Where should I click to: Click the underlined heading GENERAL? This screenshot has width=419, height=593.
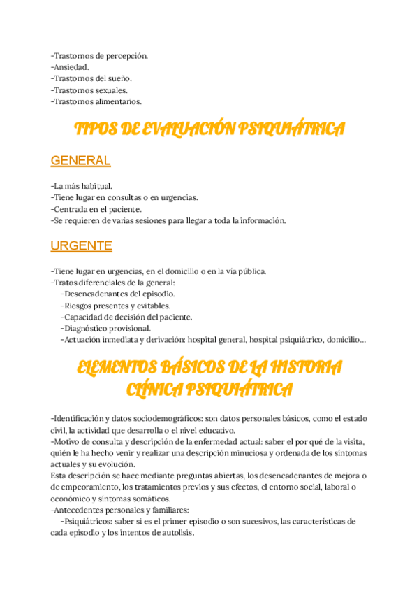click(80, 161)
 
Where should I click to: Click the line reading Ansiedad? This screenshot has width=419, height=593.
click(70, 67)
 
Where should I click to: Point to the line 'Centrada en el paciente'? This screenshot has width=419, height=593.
click(96, 208)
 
